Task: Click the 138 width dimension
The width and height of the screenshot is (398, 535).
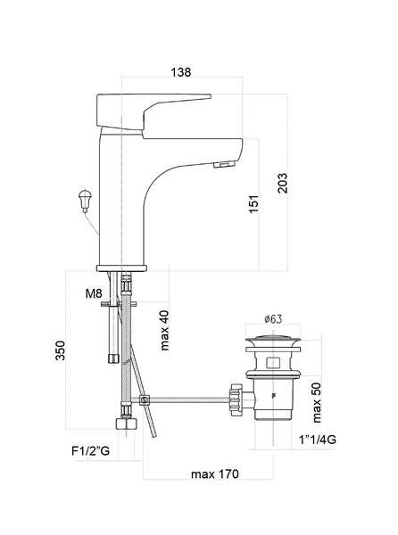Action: [x=181, y=72]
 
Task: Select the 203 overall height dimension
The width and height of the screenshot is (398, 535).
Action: [x=282, y=183]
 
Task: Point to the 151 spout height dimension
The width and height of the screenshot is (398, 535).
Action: [x=253, y=204]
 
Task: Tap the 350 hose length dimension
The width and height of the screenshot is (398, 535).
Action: [x=61, y=350]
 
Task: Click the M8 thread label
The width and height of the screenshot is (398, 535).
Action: [x=94, y=293]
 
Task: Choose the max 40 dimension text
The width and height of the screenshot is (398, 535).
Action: [x=164, y=330]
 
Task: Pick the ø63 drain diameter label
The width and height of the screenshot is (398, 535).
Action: [x=273, y=319]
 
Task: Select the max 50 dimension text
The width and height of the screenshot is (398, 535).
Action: [x=317, y=402]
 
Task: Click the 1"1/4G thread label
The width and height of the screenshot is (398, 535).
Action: [x=318, y=440]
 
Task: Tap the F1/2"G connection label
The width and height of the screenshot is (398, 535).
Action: [x=90, y=450]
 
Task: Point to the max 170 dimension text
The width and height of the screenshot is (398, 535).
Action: [x=215, y=474]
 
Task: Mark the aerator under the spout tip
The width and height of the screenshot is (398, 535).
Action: [x=225, y=166]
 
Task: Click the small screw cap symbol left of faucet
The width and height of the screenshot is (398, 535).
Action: [x=85, y=201]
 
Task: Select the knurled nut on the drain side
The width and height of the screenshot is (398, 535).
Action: [x=236, y=399]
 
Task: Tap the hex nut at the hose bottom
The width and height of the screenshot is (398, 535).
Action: [x=127, y=424]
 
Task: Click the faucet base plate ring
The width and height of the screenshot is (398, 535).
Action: [x=122, y=268]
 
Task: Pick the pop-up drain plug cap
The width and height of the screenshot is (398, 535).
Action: [x=273, y=339]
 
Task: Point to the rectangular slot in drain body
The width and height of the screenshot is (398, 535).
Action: [x=273, y=362]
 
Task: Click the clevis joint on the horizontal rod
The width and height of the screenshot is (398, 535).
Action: [x=145, y=399]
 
